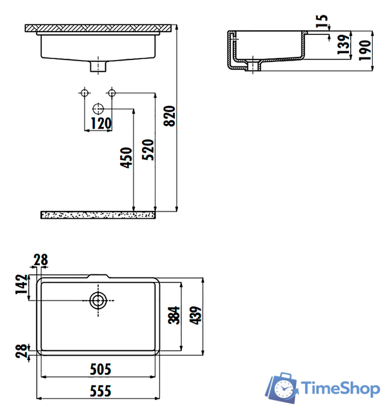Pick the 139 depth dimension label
point(344,44)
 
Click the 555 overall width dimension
point(99,390)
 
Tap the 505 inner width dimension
point(99,369)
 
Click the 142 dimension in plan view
point(21,285)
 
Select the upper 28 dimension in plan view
point(40,260)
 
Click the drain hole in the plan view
point(98,300)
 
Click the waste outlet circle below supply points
point(98,108)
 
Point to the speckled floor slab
point(99,214)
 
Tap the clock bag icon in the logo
point(282,387)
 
